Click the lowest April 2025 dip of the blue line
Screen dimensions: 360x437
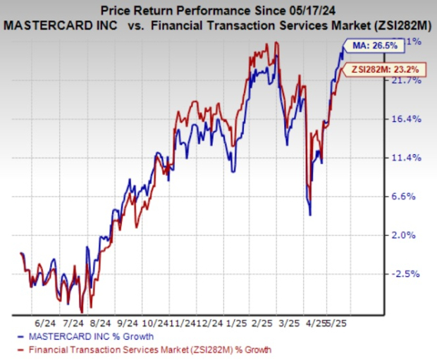point(311,213)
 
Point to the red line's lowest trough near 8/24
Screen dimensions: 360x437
point(82,311)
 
